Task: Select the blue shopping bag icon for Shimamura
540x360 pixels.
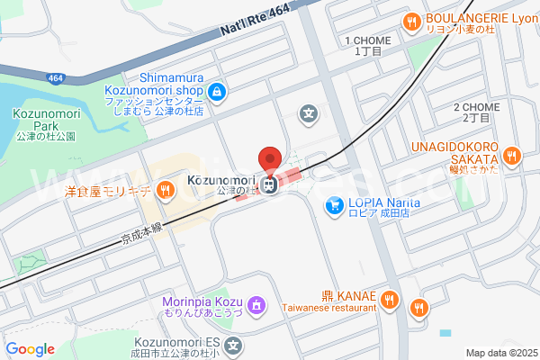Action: click(x=217, y=92)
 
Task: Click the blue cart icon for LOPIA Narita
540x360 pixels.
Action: click(x=334, y=205)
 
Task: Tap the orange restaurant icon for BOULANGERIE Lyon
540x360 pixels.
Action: click(x=411, y=22)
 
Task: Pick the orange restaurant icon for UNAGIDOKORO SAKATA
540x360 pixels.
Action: click(x=511, y=156)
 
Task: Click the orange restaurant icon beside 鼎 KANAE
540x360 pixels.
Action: click(x=390, y=300)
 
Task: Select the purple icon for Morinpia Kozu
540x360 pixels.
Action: click(x=257, y=306)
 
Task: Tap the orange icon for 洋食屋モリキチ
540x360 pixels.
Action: click(x=165, y=189)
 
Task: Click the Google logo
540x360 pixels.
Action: click(x=30, y=348)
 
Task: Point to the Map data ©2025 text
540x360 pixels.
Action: click(x=500, y=353)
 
